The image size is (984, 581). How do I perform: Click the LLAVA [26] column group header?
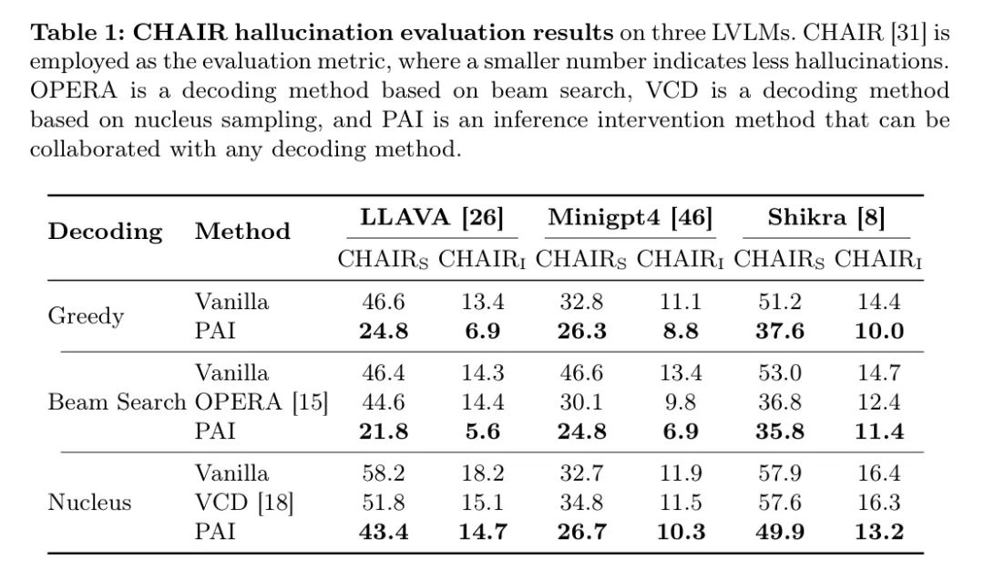click(x=432, y=219)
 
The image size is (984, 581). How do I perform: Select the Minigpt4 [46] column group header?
click(x=630, y=219)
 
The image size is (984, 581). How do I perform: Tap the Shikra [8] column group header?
click(x=825, y=219)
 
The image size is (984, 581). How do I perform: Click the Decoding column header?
click(x=105, y=232)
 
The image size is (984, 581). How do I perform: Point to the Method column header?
click(x=242, y=232)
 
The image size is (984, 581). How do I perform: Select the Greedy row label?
click(x=86, y=316)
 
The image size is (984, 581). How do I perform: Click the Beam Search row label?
click(x=117, y=402)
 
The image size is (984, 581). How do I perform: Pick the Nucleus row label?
click(x=89, y=503)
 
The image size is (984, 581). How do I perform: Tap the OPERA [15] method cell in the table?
click(x=261, y=402)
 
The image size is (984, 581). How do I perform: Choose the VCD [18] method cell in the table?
click(x=244, y=503)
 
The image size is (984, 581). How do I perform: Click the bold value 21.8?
click(x=384, y=431)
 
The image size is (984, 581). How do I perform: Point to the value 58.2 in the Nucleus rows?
click(x=384, y=473)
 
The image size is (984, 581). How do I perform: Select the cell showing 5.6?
click(x=482, y=431)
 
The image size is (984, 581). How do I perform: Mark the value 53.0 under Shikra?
click(x=779, y=373)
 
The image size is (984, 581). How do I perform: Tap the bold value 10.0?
click(x=878, y=331)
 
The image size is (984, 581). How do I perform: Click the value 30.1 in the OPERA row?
click(x=581, y=402)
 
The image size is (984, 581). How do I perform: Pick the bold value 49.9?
click(x=779, y=532)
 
